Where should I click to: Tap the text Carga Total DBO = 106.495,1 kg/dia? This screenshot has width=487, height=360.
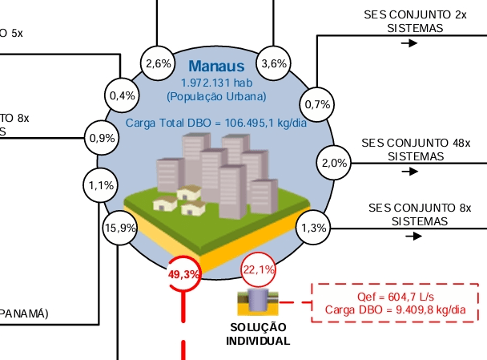point(216,123)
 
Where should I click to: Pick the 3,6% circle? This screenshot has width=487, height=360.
point(274,64)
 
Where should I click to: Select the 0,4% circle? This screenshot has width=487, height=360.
point(122,95)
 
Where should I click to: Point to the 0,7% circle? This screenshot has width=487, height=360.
point(316,104)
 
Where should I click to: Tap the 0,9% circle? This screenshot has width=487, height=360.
point(102,138)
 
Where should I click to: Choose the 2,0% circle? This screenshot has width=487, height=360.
point(334,163)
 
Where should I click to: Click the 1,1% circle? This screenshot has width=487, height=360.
point(101,185)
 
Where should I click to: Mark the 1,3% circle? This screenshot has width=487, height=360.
point(313,228)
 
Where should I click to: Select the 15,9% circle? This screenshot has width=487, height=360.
point(120,228)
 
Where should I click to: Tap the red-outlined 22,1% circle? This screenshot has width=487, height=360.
point(259,269)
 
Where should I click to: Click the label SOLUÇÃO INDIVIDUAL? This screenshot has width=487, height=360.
point(259,334)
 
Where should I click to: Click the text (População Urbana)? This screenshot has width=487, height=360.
point(216,96)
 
